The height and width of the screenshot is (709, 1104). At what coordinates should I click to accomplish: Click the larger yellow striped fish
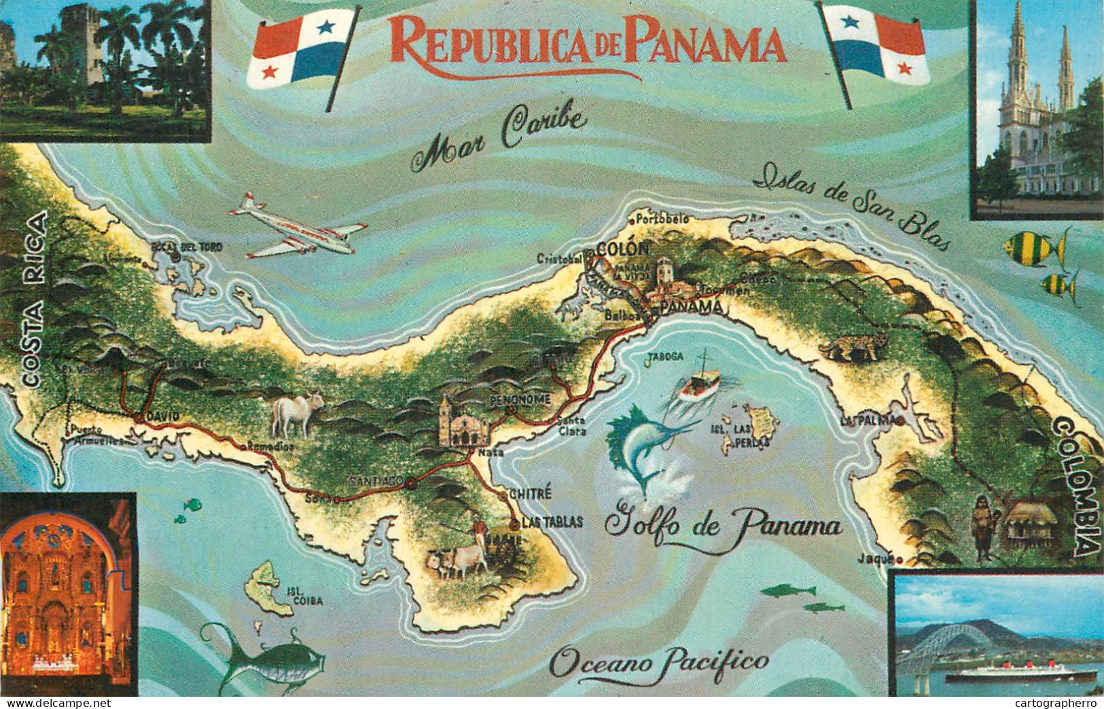(1033, 247)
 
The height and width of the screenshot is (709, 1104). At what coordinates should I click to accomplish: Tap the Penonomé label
(519, 399)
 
